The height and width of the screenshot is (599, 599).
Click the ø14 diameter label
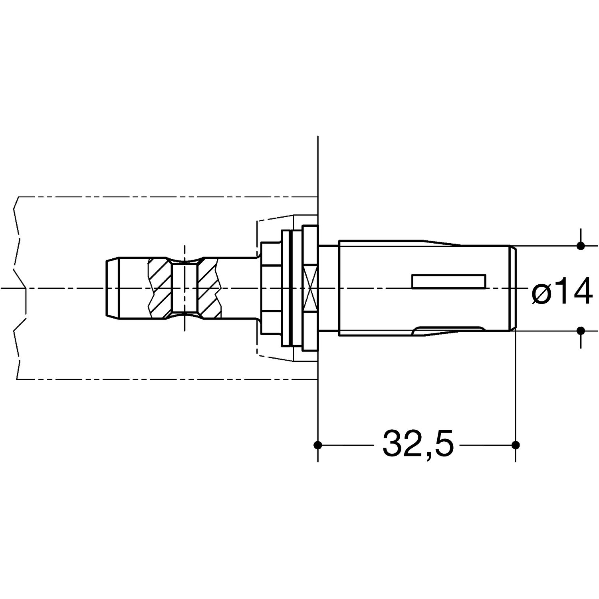pos(561,291)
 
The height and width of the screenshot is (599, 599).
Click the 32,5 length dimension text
pos(418,444)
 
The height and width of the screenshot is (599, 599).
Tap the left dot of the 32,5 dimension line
pos(317,444)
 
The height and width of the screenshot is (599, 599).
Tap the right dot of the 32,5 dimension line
pos(516,444)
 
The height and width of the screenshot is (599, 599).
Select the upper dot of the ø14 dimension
pos(581,246)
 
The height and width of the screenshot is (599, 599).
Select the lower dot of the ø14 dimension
pos(581,330)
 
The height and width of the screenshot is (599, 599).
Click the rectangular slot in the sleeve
pos(449,281)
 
